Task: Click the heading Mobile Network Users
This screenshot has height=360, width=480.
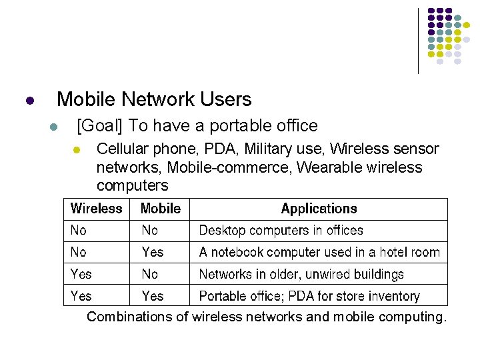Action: (x=154, y=100)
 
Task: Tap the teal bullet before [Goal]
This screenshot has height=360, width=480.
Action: (x=53, y=127)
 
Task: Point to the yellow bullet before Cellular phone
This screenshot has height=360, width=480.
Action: (x=77, y=149)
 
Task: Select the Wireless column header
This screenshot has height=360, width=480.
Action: (x=96, y=209)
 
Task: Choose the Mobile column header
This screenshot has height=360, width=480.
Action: (x=160, y=209)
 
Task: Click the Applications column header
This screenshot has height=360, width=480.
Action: (x=319, y=209)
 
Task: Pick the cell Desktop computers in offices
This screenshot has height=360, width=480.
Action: (x=281, y=231)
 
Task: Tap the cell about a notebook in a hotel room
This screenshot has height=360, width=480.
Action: (x=319, y=252)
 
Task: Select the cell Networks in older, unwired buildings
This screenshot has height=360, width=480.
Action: (x=301, y=274)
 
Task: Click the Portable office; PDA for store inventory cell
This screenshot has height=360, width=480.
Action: (x=309, y=296)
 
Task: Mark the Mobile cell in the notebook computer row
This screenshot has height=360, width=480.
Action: (x=152, y=252)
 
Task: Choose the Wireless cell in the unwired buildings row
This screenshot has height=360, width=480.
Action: (x=81, y=274)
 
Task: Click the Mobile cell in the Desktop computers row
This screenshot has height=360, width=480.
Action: (x=149, y=231)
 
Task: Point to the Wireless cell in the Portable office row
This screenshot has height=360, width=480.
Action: (x=81, y=296)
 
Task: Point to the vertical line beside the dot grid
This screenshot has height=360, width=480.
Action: (x=418, y=40)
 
